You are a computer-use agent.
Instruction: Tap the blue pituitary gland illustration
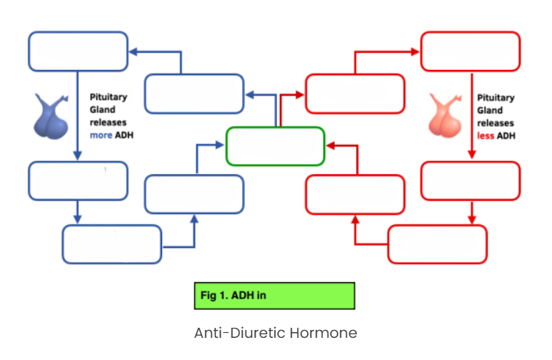click(51, 116)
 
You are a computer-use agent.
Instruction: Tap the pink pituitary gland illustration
click(446, 116)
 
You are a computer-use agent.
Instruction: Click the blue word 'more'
click(101, 135)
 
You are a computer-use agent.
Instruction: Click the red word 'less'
click(486, 136)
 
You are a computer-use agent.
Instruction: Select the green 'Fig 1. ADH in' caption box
click(275, 296)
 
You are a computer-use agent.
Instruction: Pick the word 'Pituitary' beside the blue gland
click(109, 97)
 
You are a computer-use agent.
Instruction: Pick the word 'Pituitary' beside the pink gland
click(496, 98)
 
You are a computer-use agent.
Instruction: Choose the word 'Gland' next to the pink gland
click(490, 111)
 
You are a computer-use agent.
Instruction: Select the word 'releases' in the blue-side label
click(108, 123)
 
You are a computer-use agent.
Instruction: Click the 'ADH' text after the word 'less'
click(506, 136)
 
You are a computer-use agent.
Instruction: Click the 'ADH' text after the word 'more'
click(124, 135)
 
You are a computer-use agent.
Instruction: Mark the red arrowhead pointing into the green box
click(331, 146)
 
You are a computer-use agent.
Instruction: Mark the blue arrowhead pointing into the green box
click(219, 145)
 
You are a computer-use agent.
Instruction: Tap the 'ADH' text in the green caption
click(243, 295)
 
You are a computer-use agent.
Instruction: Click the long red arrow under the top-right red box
click(472, 116)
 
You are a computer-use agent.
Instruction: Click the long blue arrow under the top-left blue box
click(78, 116)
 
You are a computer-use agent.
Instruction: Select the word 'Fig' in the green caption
click(209, 296)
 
